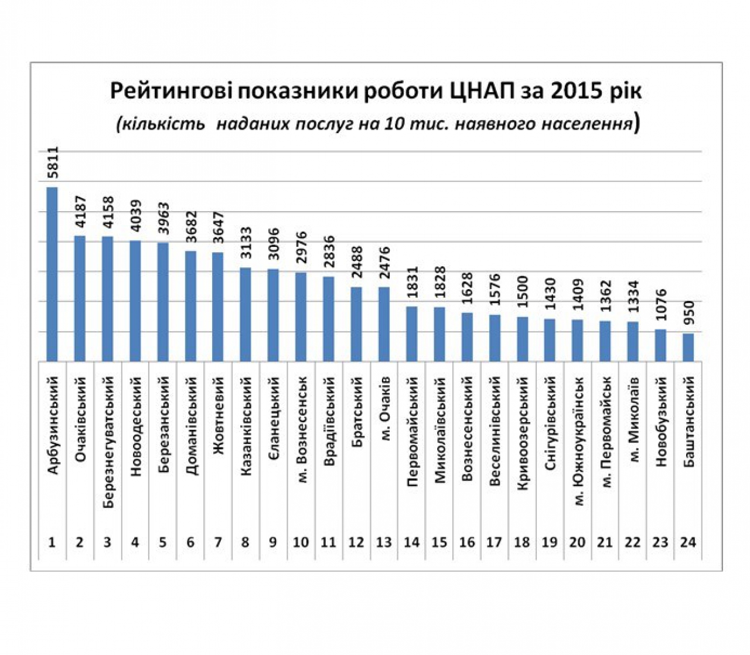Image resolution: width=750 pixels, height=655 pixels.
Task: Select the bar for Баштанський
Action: pos(688,347)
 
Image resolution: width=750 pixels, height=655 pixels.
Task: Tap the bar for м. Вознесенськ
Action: pos(301,317)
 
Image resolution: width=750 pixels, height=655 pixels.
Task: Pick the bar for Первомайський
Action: pos(412,334)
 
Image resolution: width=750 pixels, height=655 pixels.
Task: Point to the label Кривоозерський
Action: pos(523,434)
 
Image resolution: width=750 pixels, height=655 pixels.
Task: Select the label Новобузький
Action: pos(662,422)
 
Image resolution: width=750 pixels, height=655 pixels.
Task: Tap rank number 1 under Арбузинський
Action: pos(52,542)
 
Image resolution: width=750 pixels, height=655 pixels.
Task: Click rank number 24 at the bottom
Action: pos(688,542)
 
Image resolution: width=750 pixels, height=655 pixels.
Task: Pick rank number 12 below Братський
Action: pos(356,542)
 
